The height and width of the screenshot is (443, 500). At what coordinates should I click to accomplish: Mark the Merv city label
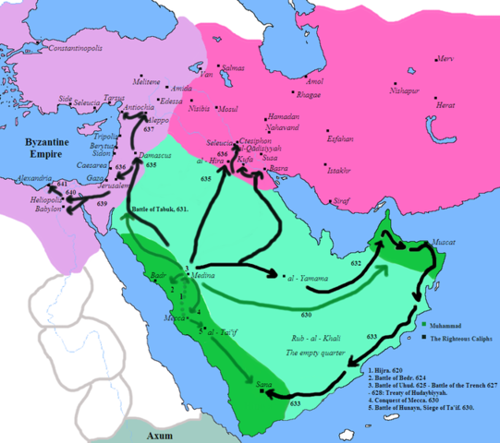pos(445,58)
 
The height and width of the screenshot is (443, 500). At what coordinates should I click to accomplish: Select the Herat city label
pos(447,104)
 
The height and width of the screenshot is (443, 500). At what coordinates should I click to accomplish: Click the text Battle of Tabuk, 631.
pos(162,210)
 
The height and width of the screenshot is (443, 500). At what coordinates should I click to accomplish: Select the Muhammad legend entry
pos(448,325)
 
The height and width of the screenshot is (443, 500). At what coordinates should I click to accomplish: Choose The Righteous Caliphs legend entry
pos(458,341)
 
